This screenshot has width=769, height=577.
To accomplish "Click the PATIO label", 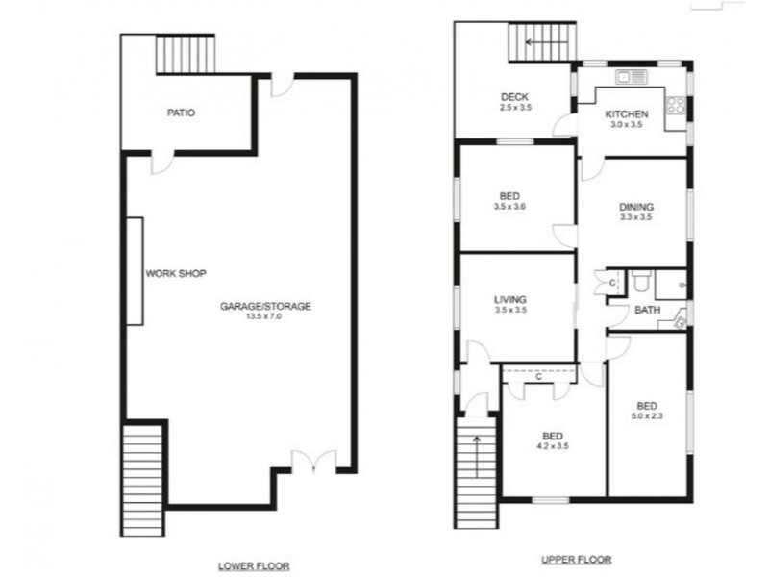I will coord(181,113).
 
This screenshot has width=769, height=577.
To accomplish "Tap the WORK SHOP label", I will coord(176,273).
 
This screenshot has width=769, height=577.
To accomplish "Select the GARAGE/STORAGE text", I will coord(266,306).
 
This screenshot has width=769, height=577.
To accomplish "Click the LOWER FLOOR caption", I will coord(255,565).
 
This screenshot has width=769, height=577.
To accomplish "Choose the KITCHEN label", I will coord(627,115).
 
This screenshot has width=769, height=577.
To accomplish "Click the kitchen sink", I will coord(634,75).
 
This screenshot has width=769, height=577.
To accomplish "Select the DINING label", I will coord(635,207).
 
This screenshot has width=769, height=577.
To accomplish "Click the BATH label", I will coord(645,310).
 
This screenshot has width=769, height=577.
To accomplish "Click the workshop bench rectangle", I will coord(136,271).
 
